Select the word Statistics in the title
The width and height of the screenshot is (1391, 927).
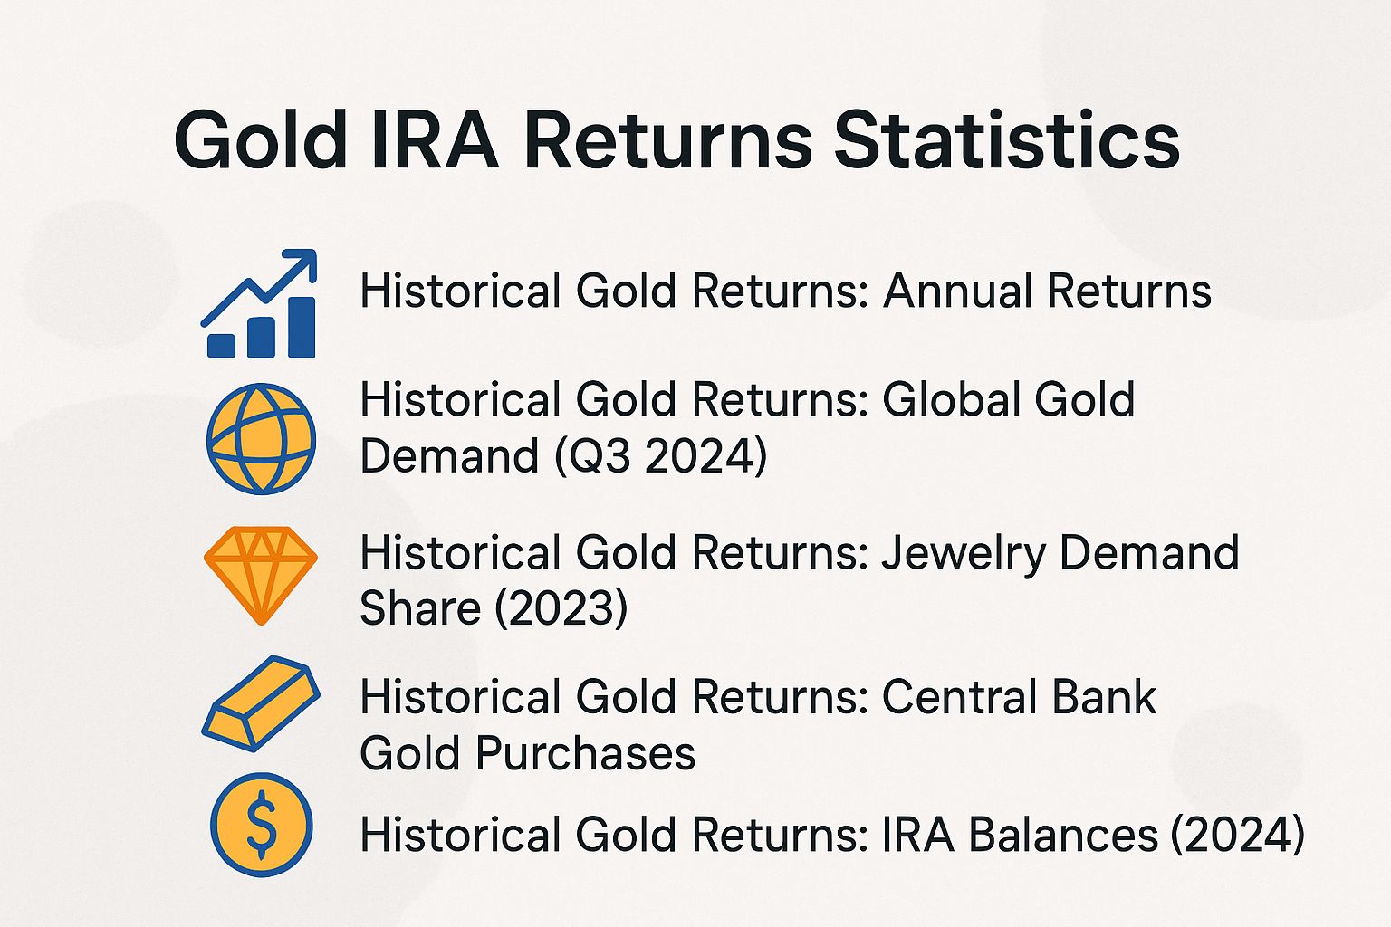coord(1006,140)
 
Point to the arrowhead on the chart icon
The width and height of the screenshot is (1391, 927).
coord(305,261)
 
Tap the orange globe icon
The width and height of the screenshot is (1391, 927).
coord(261,439)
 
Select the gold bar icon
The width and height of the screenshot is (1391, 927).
coord(261,702)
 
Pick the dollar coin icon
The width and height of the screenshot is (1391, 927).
coord(261,825)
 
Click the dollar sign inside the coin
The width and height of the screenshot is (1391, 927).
coord(261,825)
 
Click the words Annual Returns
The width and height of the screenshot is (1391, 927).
coord(1047,291)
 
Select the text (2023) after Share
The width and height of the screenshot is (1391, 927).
coord(560,607)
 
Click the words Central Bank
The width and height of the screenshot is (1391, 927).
coord(1019,697)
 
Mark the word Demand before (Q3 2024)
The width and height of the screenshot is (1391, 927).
coord(449,455)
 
